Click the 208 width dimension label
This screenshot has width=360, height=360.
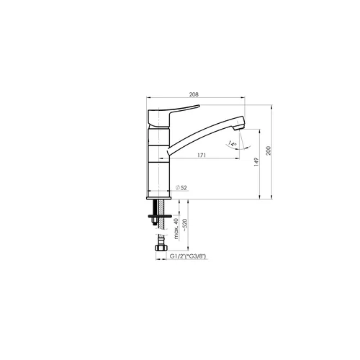pos(194,94)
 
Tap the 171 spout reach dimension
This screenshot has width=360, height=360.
pos(202,155)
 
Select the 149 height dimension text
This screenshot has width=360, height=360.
pos(256,162)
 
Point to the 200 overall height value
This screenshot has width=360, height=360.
pos(269,150)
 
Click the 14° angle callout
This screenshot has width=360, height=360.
pos(233,143)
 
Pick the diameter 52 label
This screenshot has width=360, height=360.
pos(181,188)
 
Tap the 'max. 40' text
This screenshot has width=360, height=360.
pos(176,229)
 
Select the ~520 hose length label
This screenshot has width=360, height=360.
pos(185,225)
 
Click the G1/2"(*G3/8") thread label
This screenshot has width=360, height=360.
pos(188,256)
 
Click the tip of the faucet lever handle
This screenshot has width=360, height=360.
pos(199,105)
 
